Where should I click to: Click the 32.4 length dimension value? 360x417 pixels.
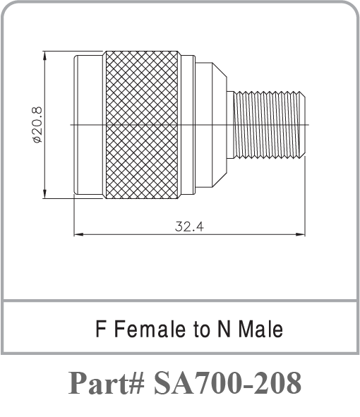coord(190,226)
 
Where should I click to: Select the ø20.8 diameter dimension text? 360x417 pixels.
coord(37,123)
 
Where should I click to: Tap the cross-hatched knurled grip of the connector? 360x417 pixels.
coord(141,124)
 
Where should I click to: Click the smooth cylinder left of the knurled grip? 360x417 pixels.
coord(89,124)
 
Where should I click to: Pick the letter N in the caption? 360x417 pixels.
coord(224,329)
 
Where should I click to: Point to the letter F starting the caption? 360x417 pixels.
coord(100,329)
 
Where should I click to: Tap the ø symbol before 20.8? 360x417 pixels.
coord(37,139)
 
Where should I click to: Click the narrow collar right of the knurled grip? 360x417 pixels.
coord(187,124)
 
